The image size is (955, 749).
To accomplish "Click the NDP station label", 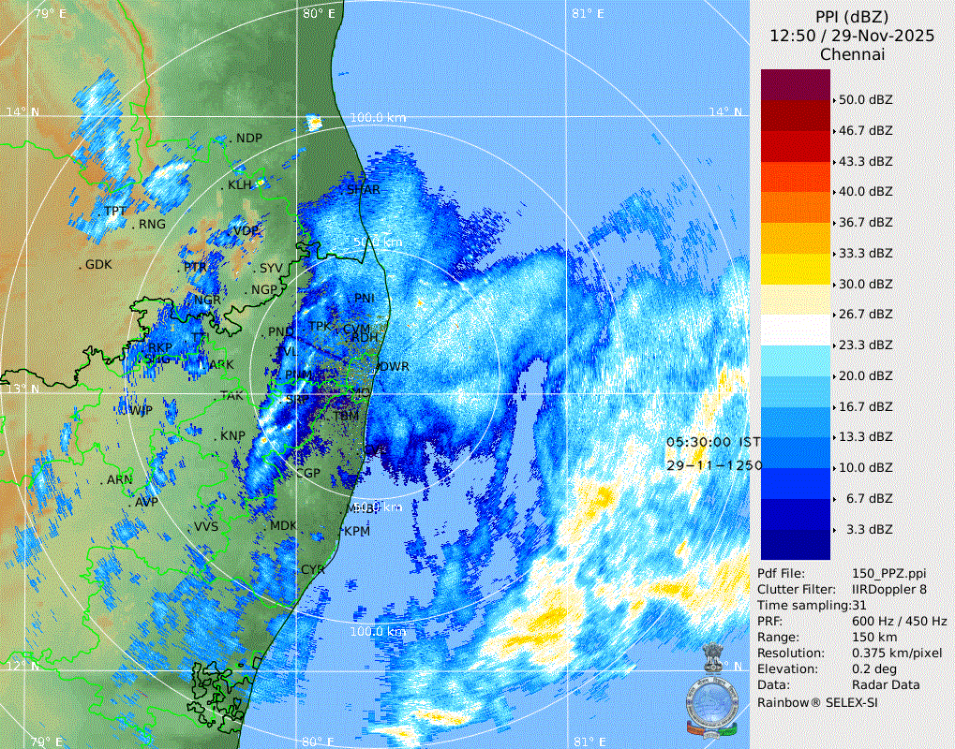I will tap(249, 139).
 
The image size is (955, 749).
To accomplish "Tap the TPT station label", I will tap(115, 211).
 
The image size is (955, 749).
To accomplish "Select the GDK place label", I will tap(98, 265).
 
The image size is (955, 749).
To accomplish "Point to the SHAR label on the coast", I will tap(364, 190).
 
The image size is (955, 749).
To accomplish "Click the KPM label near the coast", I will tap(357, 531).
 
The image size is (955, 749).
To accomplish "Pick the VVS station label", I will tap(206, 527).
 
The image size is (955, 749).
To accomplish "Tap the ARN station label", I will tap(120, 479).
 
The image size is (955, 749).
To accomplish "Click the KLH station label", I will tap(241, 185).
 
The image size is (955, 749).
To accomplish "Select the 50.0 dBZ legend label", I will tap(865, 99).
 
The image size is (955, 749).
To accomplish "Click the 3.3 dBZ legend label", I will tap(868, 530).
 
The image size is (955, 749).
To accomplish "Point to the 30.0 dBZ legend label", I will tap(865, 284).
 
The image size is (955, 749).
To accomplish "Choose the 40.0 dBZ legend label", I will tap(865, 191).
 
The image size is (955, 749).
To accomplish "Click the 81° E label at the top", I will tap(588, 13).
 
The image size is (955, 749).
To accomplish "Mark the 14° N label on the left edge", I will tap(22, 112).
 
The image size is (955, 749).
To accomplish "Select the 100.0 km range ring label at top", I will tap(378, 118).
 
